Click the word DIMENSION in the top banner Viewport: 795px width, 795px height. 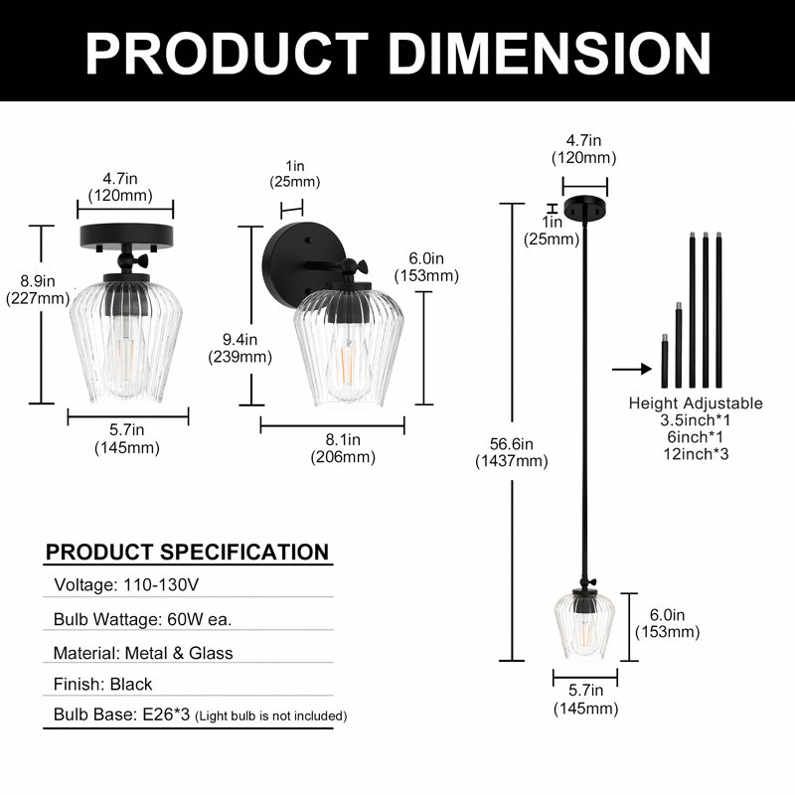click(x=550, y=54)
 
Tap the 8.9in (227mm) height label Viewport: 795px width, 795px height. click(x=38, y=289)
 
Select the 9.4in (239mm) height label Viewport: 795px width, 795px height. click(x=239, y=348)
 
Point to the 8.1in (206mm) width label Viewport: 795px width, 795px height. click(x=343, y=448)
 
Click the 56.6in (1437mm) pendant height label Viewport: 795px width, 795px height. click(x=512, y=452)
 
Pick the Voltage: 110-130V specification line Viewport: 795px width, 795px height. click(x=126, y=584)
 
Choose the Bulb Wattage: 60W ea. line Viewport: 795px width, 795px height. click(x=142, y=619)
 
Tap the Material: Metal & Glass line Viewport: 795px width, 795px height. click(x=143, y=653)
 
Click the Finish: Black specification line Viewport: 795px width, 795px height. click(x=102, y=684)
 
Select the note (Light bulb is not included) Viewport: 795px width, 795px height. click(x=270, y=715)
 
